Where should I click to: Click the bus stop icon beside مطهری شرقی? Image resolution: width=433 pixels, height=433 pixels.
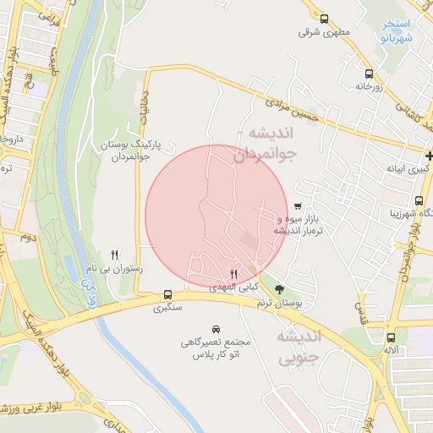(324, 18)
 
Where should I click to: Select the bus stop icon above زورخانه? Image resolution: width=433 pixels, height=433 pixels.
(368, 73)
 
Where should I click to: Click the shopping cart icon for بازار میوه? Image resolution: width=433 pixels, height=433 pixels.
(298, 206)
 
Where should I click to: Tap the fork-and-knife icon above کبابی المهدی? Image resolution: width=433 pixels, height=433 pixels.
(234, 274)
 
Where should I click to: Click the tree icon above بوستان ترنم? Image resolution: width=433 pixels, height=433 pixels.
(280, 290)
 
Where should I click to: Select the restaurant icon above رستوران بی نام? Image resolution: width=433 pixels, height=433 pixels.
(115, 254)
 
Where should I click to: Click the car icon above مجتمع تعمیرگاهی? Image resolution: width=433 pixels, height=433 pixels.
(217, 328)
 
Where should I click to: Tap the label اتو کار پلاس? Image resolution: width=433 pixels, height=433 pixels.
(217, 354)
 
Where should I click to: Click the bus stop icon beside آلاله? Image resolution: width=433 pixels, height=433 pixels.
(389, 338)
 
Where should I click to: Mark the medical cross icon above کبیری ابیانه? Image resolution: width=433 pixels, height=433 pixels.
(429, 156)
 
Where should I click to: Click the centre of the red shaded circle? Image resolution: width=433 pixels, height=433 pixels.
(216, 214)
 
